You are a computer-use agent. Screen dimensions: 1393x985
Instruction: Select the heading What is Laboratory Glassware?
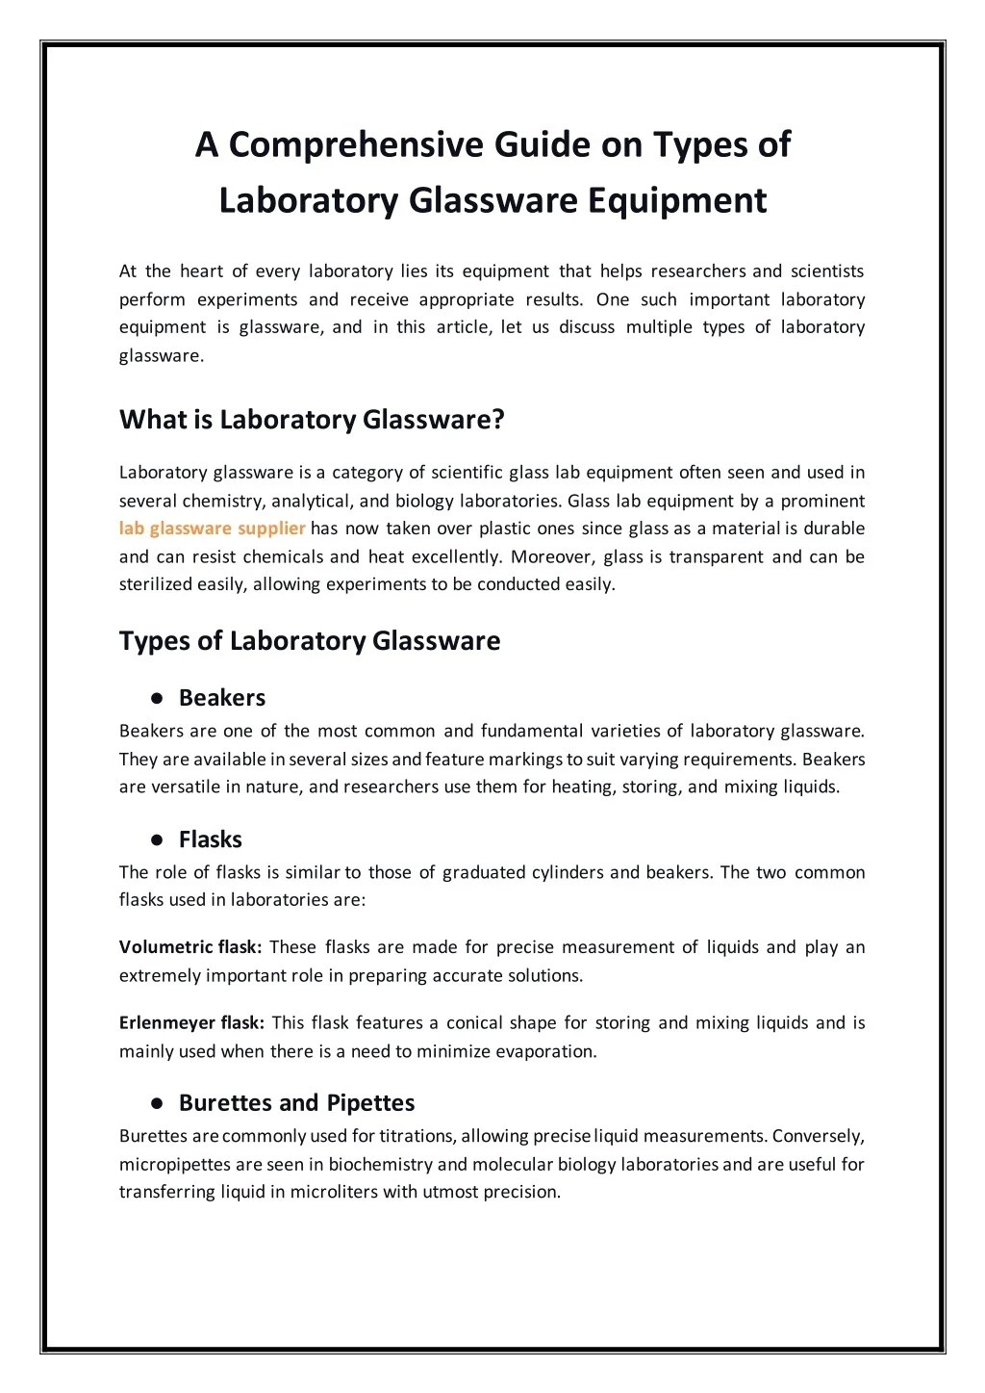pos(312,420)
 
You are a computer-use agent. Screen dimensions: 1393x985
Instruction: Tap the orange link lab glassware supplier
pos(213,528)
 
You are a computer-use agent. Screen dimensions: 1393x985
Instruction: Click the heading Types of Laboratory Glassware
pos(310,641)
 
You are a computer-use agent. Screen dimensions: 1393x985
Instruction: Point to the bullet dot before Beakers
pos(155,698)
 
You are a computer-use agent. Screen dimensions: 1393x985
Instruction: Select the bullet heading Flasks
pos(210,839)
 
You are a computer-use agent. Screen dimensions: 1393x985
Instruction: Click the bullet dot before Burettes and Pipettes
pos(155,1103)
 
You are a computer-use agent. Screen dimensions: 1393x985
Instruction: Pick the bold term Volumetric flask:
pos(190,947)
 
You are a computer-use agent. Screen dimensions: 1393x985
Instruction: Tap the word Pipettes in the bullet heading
pos(370,1103)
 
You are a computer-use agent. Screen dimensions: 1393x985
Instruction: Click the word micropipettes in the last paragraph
pos(174,1164)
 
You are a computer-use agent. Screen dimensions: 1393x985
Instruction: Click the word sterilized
pos(155,584)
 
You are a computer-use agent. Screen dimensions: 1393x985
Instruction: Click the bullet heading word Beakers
pos(221,698)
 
